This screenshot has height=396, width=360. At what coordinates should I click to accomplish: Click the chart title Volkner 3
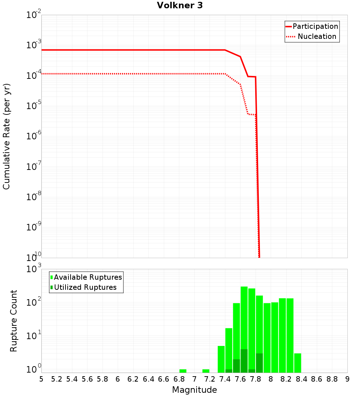coord(180,5)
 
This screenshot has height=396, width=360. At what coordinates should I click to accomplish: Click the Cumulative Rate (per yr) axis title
coord(6,136)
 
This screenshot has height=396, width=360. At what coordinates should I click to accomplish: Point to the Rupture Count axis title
coord(14,321)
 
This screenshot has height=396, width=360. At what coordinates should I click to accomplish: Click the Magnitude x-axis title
coord(194,390)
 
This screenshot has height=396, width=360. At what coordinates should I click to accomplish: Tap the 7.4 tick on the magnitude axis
coord(225,379)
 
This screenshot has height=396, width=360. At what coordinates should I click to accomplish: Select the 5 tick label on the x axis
coord(41,379)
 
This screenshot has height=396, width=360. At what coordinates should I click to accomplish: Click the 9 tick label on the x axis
coord(347,379)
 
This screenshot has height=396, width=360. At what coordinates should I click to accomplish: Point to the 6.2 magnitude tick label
coord(133,379)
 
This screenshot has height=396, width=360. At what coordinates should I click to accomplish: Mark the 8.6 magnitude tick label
coord(317,379)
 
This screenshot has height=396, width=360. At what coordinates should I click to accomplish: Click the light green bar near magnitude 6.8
coord(183,371)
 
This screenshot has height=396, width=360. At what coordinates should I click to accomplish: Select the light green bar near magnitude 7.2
coord(206,371)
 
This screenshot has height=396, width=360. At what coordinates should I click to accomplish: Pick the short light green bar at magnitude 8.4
coord(298,363)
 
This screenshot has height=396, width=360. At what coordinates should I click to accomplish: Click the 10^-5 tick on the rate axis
coord(34,106)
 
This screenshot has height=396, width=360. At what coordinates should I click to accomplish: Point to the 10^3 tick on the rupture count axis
coord(34,269)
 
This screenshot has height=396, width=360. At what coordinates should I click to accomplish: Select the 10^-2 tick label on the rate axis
coord(34,15)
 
